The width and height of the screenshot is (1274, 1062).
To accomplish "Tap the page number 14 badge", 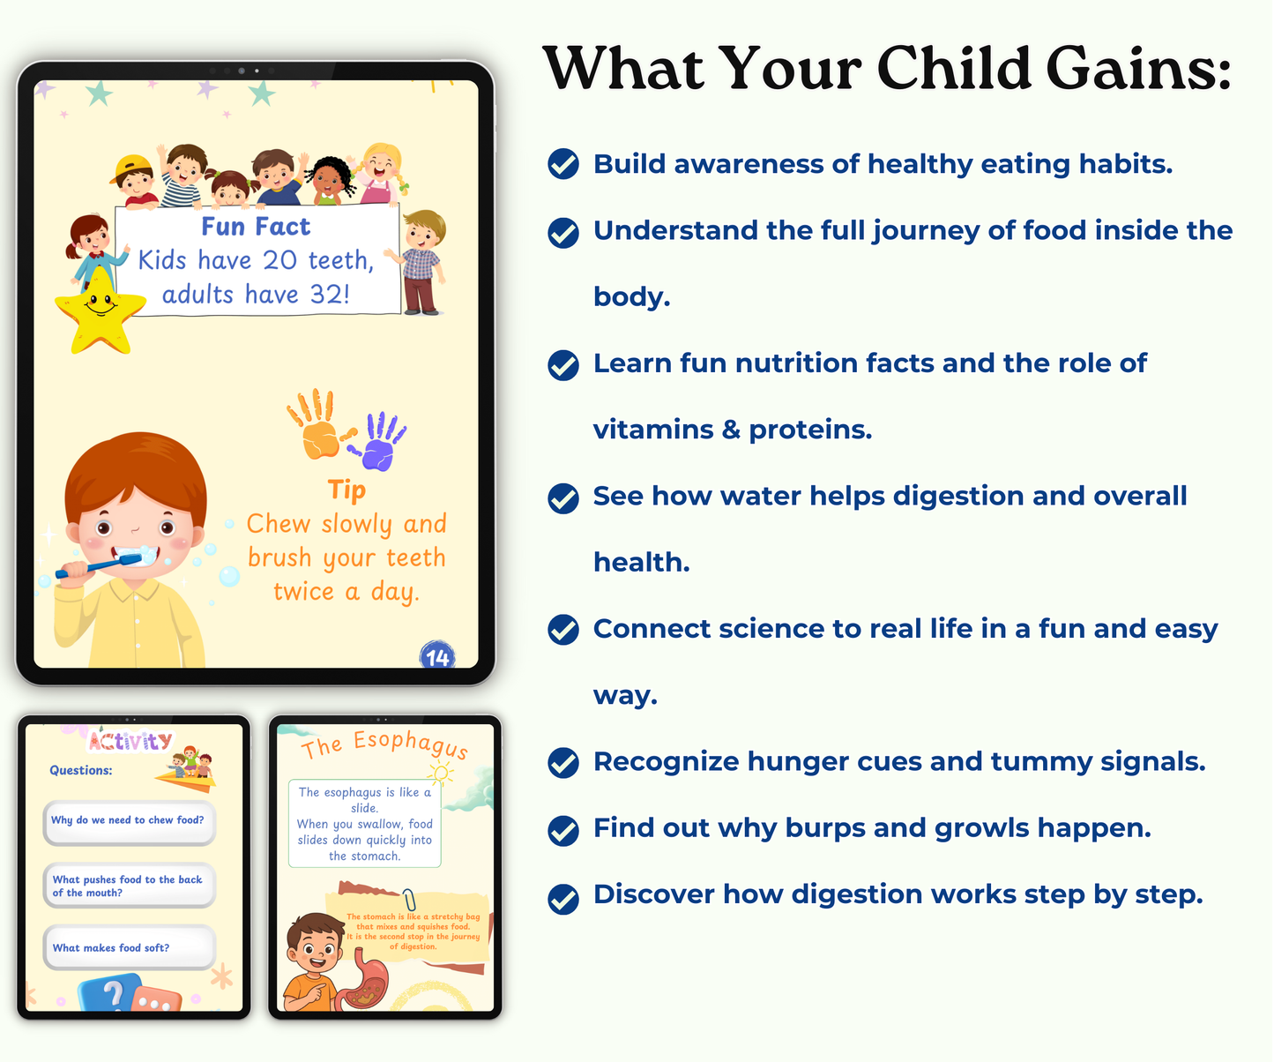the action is click(437, 655).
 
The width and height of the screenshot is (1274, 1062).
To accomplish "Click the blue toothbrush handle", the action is click(86, 568).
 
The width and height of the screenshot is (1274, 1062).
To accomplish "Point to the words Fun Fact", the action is click(256, 227).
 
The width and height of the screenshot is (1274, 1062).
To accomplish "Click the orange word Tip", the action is click(346, 490).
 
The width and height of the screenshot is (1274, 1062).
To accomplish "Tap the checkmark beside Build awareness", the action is click(563, 163).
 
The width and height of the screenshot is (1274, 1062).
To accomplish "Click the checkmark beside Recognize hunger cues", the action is click(563, 762).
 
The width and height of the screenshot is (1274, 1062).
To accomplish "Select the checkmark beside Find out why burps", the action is click(563, 830).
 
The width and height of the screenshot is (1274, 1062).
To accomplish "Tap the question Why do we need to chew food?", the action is click(128, 819).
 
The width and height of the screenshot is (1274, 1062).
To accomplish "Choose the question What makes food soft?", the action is click(111, 948).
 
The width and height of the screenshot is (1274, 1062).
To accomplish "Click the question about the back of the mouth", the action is click(127, 886).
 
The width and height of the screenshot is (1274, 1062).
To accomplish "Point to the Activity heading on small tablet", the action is click(130, 741).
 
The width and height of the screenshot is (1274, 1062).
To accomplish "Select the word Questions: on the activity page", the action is click(80, 770).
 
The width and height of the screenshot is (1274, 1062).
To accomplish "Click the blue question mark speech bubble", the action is click(110, 991).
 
